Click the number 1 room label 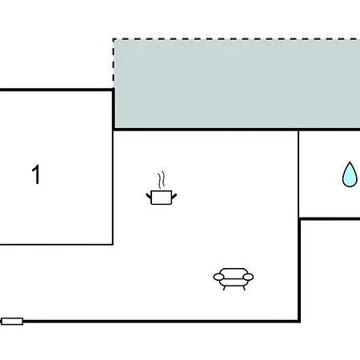[x=36, y=174]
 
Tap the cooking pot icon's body [x=162, y=198]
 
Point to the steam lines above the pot [x=161, y=180]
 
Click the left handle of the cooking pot [x=149, y=197]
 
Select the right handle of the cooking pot [x=174, y=197]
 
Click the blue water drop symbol [x=350, y=174]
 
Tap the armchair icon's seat [x=234, y=278]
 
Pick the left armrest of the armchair [x=218, y=278]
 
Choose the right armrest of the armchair [x=248, y=278]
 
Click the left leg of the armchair [x=225, y=288]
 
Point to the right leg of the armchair [x=244, y=288]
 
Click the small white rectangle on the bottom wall [x=12, y=322]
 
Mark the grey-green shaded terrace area [x=237, y=84]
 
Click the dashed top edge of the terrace [x=236, y=39]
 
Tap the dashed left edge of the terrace [x=114, y=63]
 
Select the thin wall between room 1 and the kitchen [x=113, y=187]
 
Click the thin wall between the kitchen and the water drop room [x=298, y=174]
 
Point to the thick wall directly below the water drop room [x=330, y=219]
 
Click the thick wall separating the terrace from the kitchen [x=237, y=130]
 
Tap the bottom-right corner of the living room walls [x=299, y=322]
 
